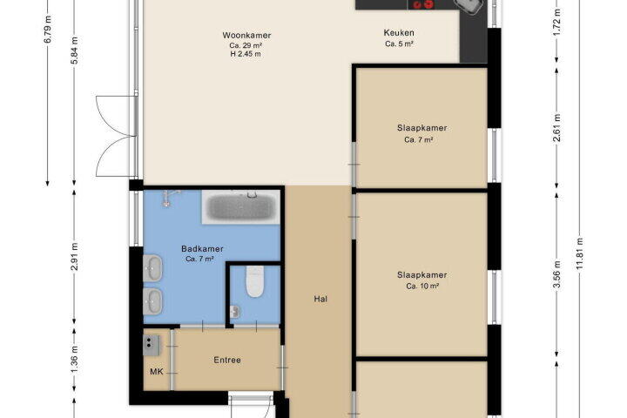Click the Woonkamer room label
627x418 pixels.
246,35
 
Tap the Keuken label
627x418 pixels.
399,33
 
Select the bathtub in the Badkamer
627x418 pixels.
241,206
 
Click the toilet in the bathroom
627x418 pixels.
254,281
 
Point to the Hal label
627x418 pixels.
320,299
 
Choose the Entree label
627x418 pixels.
227,360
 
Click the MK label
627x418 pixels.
157,372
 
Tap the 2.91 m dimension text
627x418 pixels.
74,256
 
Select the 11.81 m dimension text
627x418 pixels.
580,253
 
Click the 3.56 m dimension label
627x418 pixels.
556,274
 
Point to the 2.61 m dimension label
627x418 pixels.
556,128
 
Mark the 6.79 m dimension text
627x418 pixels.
48,29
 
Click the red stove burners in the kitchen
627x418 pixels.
423,4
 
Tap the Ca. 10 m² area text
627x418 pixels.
422,287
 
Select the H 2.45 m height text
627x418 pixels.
246,54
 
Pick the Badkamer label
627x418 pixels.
202,249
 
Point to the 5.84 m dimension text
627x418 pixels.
74,50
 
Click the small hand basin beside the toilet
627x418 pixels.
235,312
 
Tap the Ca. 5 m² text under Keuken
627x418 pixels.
399,44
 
